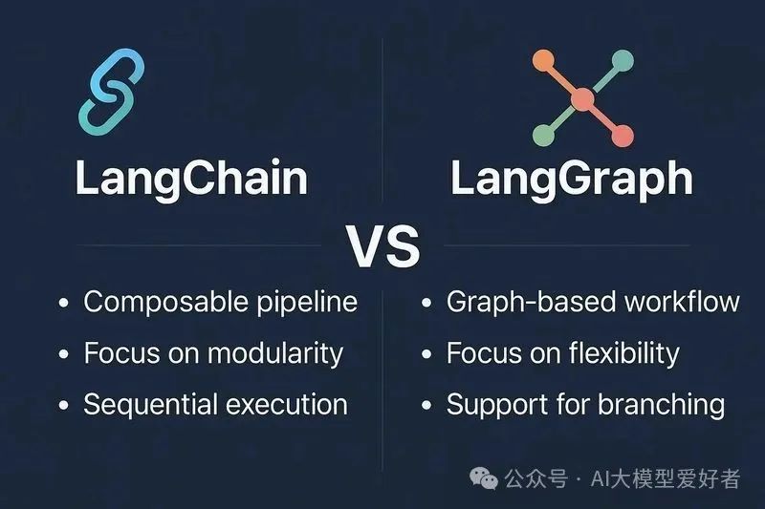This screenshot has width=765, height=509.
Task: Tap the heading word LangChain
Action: (191, 180)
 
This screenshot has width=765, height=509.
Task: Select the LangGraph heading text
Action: (572, 180)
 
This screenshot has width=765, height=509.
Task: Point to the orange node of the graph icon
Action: (541, 60)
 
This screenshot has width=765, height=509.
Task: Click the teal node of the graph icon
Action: (623, 59)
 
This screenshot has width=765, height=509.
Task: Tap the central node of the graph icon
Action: (582, 98)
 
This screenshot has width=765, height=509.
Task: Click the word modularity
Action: (277, 353)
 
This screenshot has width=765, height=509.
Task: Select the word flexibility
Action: (616, 353)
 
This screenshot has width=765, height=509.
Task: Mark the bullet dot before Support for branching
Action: (426, 406)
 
